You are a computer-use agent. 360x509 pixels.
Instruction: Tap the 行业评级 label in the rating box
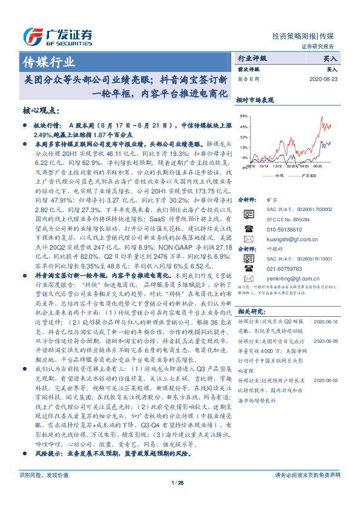(x=252, y=59)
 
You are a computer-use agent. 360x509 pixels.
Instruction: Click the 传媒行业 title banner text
(x=48, y=62)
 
